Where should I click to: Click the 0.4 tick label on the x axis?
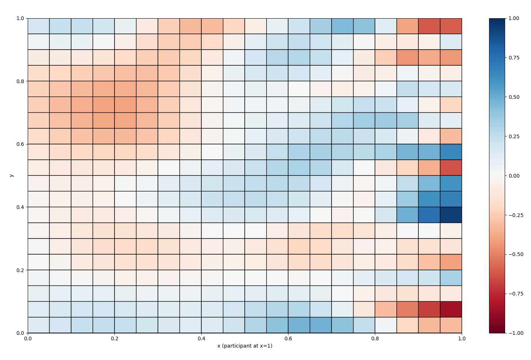point(201,338)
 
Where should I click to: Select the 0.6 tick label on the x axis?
point(288,338)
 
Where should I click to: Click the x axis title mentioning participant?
point(245,346)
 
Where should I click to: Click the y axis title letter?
point(12,175)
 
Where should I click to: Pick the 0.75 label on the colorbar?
point(515,58)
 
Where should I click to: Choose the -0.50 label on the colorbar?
point(516,254)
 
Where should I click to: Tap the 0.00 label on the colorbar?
point(515,176)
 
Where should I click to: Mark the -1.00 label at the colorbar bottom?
point(516,333)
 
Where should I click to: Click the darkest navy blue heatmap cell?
point(451,215)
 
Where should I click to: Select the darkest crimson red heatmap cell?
point(451,309)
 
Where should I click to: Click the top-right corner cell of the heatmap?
point(451,26)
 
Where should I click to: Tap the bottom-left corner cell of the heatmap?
point(39,325)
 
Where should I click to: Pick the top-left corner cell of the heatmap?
point(39,26)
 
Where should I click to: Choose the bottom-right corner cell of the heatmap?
point(451,325)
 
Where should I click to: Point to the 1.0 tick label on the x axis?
point(462,338)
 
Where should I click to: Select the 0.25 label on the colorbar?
point(515,136)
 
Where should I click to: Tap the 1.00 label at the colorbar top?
point(515,18)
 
